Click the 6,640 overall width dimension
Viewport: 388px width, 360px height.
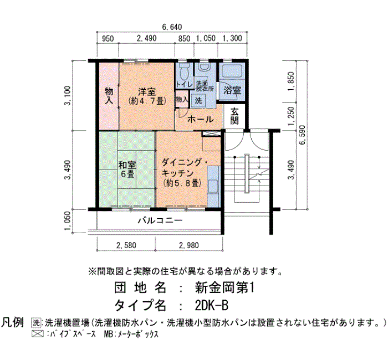coord(172,27)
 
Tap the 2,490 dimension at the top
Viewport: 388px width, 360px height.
coord(147,38)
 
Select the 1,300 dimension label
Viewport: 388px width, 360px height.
coord(232,38)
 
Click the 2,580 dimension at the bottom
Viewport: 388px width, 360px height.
coord(126,245)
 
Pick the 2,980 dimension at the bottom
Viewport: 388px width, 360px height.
coord(189,245)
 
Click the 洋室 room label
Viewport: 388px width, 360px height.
coord(147,92)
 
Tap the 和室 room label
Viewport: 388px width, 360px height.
coord(127,164)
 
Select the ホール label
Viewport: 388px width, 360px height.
coord(201,120)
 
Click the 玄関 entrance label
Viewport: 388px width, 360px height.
coord(234,116)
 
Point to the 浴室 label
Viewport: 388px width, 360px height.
coord(232,90)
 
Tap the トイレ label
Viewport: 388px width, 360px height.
coord(184,84)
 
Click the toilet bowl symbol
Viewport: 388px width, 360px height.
coord(184,71)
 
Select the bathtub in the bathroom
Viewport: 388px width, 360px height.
coord(232,71)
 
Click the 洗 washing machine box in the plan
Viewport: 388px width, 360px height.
coord(198,101)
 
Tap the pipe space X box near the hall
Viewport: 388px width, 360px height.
coord(211,134)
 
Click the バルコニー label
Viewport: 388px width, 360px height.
coord(160,220)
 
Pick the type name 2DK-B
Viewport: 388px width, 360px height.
coord(211,306)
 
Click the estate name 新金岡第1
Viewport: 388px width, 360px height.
coord(224,288)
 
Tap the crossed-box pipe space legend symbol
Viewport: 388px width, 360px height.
coord(38,334)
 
